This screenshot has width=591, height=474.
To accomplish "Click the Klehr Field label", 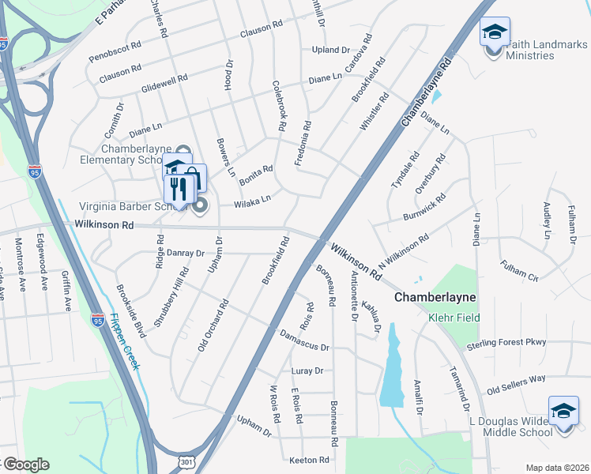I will [x=450, y=318].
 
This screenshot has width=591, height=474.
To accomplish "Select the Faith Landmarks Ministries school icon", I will [x=495, y=34].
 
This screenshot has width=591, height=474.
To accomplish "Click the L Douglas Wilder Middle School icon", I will [x=564, y=412].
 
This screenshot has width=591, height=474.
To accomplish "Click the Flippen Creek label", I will [x=125, y=342].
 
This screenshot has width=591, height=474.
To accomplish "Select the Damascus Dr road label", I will [x=304, y=340].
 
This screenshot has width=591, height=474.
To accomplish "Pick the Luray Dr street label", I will [x=307, y=371].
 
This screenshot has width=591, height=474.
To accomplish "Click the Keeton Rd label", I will [x=309, y=460].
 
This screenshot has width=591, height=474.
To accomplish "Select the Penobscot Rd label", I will [x=115, y=51].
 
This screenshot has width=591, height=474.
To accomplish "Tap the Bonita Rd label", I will [x=257, y=170].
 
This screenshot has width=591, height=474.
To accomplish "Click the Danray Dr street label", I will [x=186, y=254].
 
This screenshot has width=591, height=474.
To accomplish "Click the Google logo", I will [x=25, y=464].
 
